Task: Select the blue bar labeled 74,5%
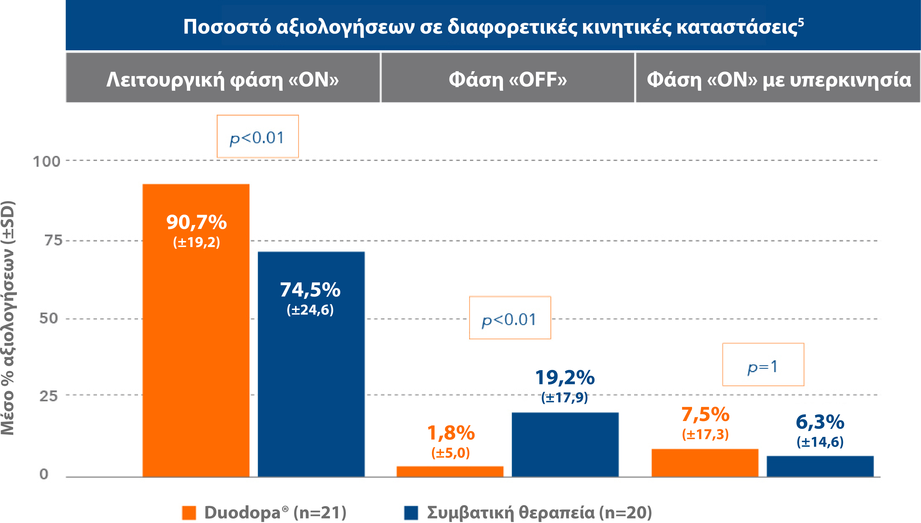(x=311, y=377)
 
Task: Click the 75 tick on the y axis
(x=53, y=240)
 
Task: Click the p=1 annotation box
(x=763, y=364)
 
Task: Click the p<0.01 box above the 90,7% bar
(x=258, y=137)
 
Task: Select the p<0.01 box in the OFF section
(x=510, y=318)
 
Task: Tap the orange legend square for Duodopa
(x=189, y=513)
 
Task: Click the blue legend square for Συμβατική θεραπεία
(x=411, y=513)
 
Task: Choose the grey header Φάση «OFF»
(x=508, y=78)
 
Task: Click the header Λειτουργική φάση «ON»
(x=223, y=78)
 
